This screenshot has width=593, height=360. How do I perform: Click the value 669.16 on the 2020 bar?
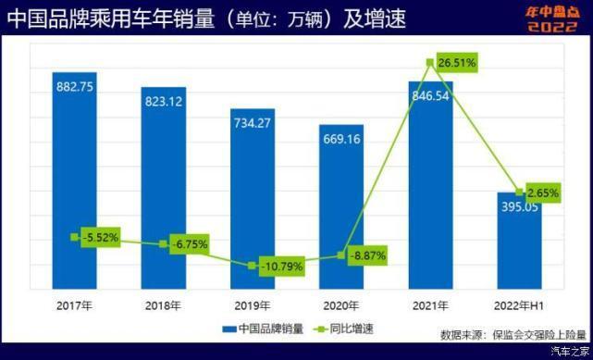[342, 140]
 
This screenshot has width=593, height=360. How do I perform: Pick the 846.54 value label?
[431, 94]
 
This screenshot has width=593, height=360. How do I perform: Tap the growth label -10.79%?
[282, 267]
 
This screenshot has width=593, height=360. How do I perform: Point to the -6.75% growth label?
[189, 244]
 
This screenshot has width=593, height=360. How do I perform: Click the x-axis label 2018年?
[164, 304]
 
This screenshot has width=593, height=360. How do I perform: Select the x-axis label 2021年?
[431, 304]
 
